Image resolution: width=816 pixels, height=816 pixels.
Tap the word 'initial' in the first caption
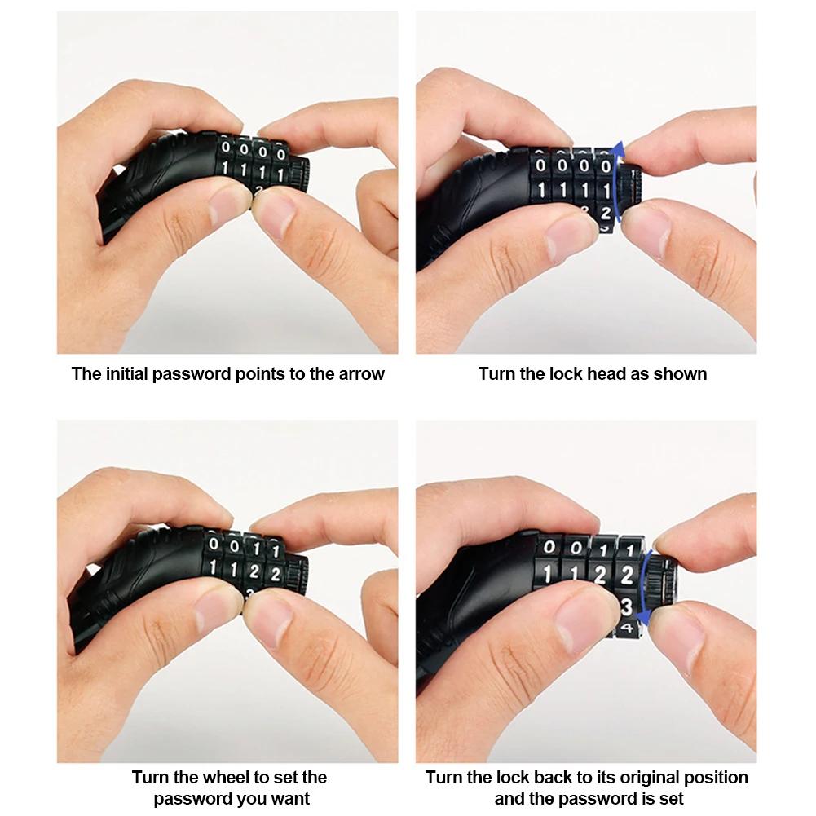pyautogui.click(x=127, y=373)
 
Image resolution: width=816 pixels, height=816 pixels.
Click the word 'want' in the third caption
pyautogui.click(x=293, y=799)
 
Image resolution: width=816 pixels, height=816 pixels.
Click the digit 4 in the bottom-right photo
pyautogui.click(x=627, y=628)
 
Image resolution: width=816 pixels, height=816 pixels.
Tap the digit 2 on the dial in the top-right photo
pyautogui.click(x=605, y=213)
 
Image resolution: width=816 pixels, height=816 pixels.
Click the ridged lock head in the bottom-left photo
pyautogui.click(x=297, y=575)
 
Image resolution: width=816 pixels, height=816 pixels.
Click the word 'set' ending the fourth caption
pyautogui.click(x=672, y=799)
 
